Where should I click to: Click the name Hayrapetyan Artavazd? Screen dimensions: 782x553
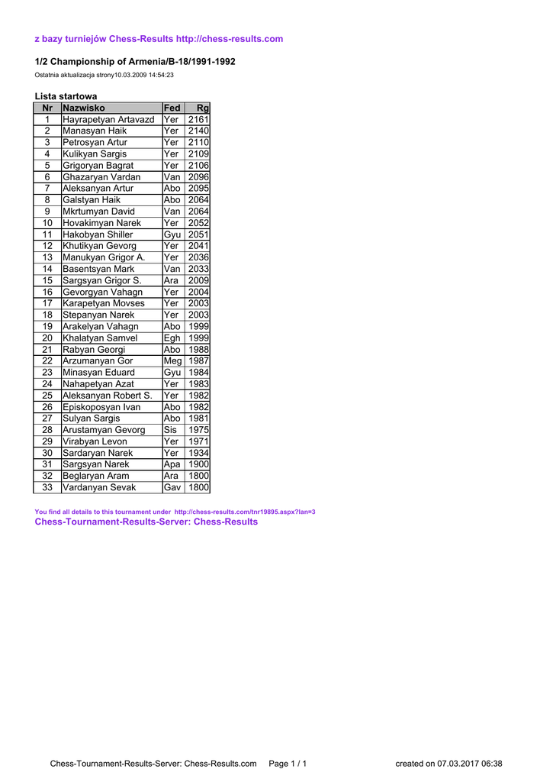[x=108, y=120]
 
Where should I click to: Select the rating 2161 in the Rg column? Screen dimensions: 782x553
[x=198, y=120]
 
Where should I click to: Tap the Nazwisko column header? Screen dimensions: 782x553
[x=84, y=108]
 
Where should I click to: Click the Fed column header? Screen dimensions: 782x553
[x=172, y=108]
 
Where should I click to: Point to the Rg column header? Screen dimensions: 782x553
[x=202, y=108]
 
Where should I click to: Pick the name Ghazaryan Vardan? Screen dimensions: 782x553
[x=101, y=177]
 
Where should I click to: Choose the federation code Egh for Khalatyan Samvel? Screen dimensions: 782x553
[x=172, y=338]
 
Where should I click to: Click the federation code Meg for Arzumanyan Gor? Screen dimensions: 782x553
[x=173, y=361]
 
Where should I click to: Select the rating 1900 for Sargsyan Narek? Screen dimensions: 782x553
[x=198, y=464]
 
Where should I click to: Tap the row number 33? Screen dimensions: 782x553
[x=47, y=487]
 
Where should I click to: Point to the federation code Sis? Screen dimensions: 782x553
[x=170, y=430]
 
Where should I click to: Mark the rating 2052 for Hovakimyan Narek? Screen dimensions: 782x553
[x=198, y=223]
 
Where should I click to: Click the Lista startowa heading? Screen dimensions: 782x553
[x=66, y=96]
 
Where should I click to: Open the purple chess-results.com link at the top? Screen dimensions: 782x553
[x=229, y=39]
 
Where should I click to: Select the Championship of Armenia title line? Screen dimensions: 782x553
[x=135, y=61]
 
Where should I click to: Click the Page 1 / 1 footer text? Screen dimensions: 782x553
[x=288, y=764]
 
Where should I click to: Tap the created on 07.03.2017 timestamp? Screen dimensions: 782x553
[x=449, y=764]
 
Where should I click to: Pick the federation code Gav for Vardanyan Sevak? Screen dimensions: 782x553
[x=172, y=487]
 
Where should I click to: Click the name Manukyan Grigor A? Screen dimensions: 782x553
[x=104, y=257]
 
